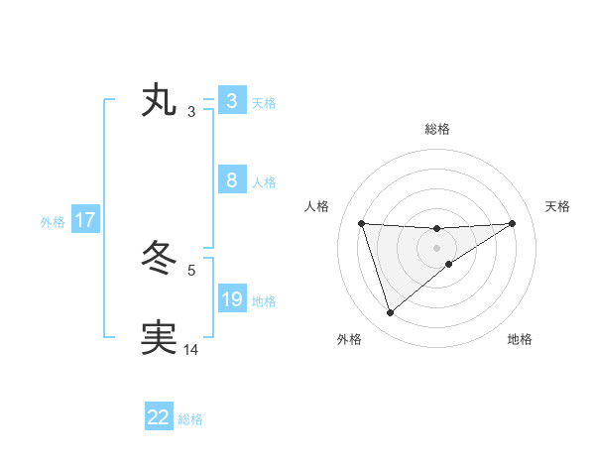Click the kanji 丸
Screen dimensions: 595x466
pos(159,101)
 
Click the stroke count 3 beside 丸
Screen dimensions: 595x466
pos(190,112)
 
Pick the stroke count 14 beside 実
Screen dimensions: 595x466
pos(191,349)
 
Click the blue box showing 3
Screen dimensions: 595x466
pos(231,101)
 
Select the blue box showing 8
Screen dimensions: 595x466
pos(231,180)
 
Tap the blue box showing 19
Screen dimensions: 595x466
pos(231,299)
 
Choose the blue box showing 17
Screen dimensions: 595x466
pos(84,220)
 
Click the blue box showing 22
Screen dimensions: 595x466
pos(159,417)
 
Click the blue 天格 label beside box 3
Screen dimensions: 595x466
pos(264,102)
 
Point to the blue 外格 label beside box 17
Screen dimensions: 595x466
pos(53,221)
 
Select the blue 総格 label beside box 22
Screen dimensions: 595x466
pos(190,418)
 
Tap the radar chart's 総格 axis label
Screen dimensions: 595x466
pos(436,129)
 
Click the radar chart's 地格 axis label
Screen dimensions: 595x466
pos(520,339)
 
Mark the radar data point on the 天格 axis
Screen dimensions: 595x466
pos(512,223)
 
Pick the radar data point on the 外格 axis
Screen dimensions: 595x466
pos(390,313)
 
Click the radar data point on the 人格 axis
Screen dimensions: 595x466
pos(361,223)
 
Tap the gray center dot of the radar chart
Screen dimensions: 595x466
pos(436,247)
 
